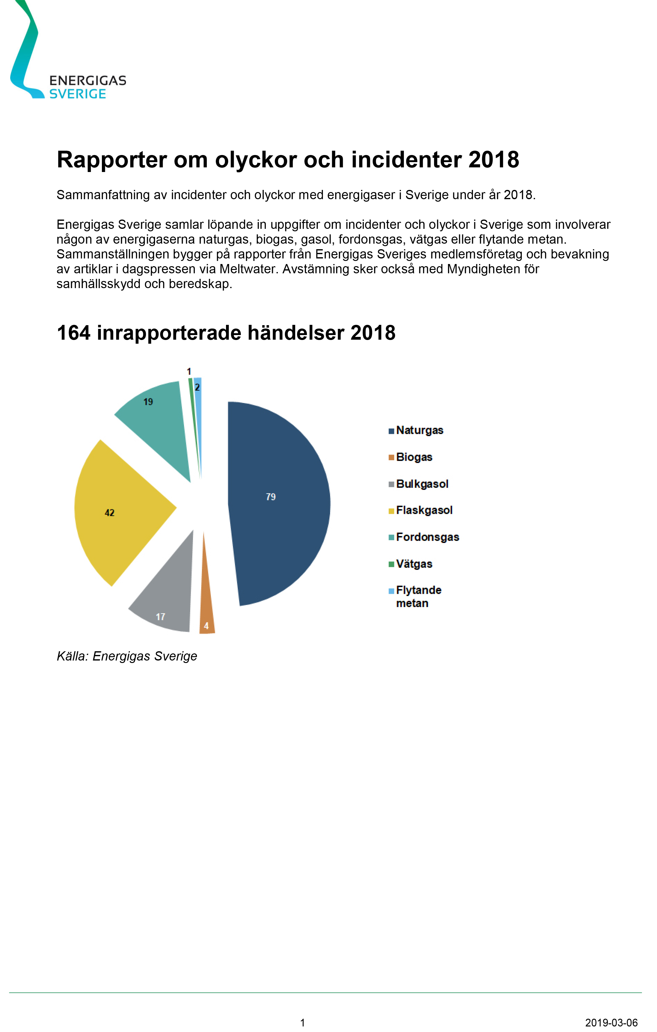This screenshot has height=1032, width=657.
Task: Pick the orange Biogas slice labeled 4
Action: tap(207, 613)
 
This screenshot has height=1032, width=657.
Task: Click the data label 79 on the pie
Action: tap(270, 497)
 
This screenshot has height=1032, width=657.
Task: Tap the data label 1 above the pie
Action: tap(189, 371)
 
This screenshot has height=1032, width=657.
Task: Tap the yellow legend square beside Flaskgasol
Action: tap(391, 511)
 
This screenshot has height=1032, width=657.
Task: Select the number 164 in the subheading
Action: tap(74, 333)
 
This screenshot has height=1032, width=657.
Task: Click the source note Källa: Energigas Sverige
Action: tap(127, 656)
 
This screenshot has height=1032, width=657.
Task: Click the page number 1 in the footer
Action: tap(303, 1022)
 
